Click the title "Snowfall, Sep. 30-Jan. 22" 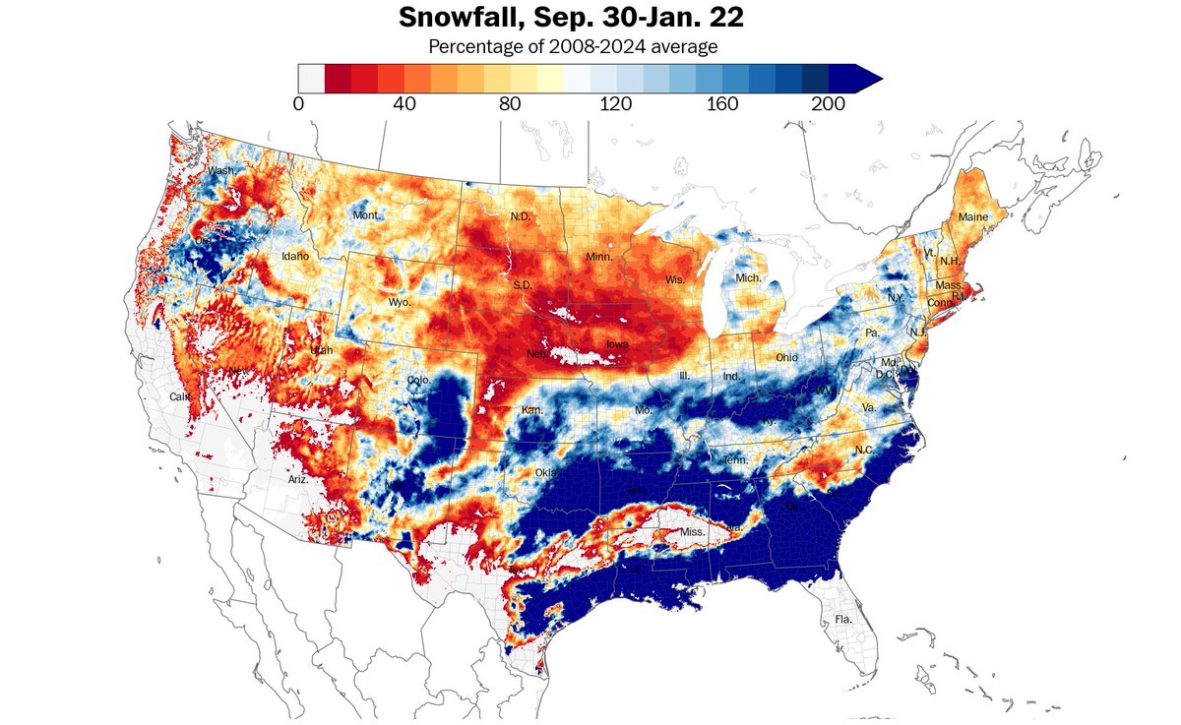coord(590,18)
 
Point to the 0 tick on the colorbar coord(298,103)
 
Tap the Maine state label coord(972,216)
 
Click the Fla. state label coord(843,620)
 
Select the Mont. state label coord(366,215)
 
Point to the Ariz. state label coord(298,480)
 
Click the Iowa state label coord(617,344)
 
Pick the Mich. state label coord(749,278)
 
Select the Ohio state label coord(787,357)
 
